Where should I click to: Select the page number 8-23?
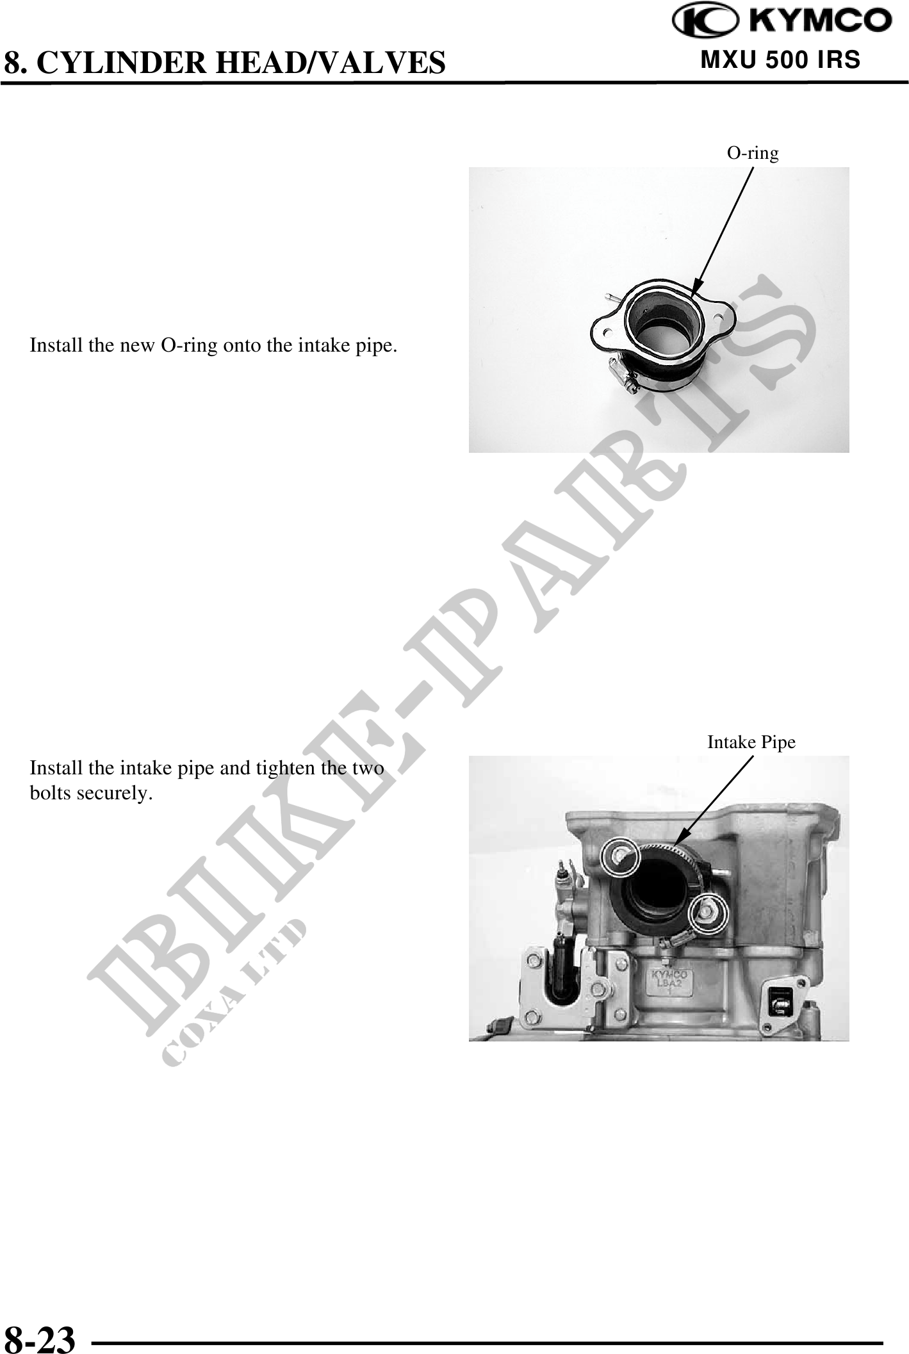pos(40,1337)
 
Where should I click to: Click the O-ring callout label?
pos(753,153)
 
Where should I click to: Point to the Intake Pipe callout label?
pos(751,742)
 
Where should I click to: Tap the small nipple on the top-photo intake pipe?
pos(611,297)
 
